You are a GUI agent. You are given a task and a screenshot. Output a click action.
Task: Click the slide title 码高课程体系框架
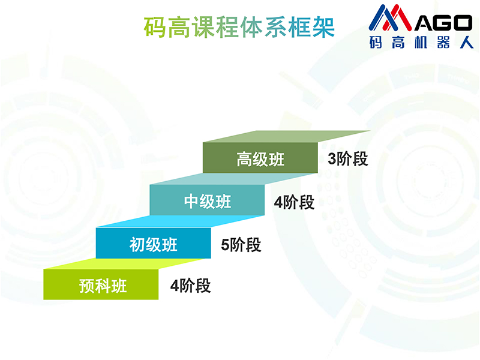click(x=239, y=28)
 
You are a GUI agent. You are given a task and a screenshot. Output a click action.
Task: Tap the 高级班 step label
click(x=260, y=159)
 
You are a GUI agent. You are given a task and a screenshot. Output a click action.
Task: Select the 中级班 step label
click(x=208, y=202)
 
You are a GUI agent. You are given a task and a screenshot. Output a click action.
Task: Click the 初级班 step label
click(x=154, y=245)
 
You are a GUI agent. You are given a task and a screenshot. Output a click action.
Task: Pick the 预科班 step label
click(x=103, y=286)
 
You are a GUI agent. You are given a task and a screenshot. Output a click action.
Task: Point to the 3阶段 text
click(x=348, y=159)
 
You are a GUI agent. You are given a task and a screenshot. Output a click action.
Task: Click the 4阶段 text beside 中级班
click(x=294, y=202)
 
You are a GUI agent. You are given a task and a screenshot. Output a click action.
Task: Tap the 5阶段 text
click(x=241, y=245)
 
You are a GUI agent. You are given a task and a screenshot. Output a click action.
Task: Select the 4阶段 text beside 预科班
click(x=190, y=286)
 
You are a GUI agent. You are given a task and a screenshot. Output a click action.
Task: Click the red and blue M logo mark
click(x=391, y=18)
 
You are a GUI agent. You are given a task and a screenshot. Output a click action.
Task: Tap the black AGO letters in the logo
click(x=443, y=23)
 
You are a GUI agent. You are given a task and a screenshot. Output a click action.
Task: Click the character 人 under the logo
click(x=467, y=42)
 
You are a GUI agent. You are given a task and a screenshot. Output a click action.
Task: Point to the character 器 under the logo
click(x=443, y=42)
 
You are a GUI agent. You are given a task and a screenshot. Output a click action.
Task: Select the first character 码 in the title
click(x=155, y=28)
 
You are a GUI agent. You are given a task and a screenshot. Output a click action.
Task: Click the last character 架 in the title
click(x=323, y=28)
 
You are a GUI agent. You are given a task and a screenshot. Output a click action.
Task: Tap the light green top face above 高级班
click(x=287, y=137)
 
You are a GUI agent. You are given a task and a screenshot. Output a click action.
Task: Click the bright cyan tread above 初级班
click(x=181, y=221)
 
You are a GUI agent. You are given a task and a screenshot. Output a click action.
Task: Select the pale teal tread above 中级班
click(x=233, y=179)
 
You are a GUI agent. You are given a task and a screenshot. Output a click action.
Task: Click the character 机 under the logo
click(x=421, y=42)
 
